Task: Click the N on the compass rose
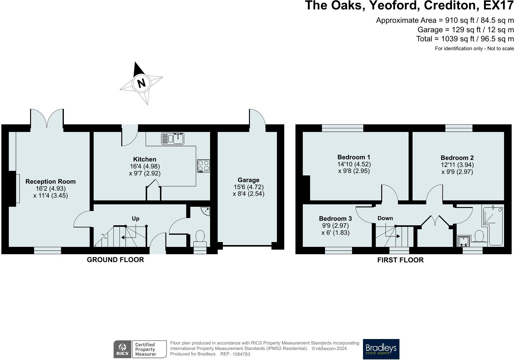click(x=141, y=83)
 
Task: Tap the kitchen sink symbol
click(x=172, y=139)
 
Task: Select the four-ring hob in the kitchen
click(x=203, y=165)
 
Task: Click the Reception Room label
click(x=50, y=182)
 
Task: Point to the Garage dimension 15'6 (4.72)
click(x=248, y=187)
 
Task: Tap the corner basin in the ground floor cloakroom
click(x=206, y=211)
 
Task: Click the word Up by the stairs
click(x=136, y=218)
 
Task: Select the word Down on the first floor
click(x=385, y=218)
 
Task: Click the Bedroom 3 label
click(x=335, y=219)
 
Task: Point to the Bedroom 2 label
click(x=457, y=158)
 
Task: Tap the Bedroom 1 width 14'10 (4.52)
click(x=354, y=164)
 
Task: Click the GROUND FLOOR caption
click(x=115, y=260)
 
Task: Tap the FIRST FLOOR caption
click(x=400, y=260)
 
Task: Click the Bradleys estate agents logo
click(x=381, y=349)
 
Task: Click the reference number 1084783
click(x=241, y=354)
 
